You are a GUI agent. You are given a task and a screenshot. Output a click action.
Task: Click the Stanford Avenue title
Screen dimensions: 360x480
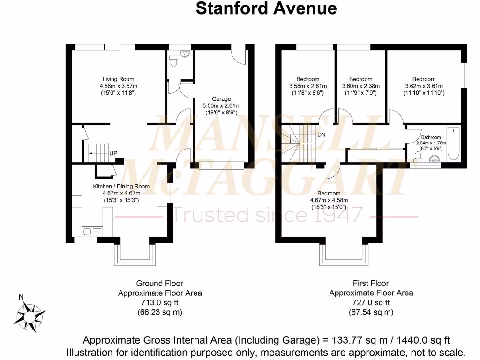point(266,8)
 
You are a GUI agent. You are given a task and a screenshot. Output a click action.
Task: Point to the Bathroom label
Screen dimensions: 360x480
point(430,137)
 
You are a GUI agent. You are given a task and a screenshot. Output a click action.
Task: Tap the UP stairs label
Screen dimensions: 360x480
point(113,153)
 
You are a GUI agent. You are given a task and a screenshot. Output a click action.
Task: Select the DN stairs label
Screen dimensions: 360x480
point(322,135)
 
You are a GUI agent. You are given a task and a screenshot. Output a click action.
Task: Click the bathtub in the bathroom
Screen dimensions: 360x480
point(454,144)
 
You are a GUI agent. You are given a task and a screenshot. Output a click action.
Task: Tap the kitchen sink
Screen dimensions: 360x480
point(88,230)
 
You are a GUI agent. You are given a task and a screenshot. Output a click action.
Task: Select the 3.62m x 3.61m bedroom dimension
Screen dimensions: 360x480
point(424,86)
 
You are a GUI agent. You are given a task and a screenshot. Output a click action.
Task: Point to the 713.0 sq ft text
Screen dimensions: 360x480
point(159,303)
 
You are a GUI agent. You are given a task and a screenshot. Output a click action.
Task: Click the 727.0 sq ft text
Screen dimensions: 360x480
point(371,303)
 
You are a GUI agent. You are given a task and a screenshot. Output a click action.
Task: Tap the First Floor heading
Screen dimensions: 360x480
point(371,283)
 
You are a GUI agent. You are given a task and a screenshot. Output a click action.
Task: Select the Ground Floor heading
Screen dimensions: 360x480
point(159,283)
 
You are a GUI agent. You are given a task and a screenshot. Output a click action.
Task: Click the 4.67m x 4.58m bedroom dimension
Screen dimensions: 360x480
point(329,200)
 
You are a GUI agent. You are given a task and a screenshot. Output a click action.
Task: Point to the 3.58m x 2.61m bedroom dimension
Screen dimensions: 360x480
point(308,86)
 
